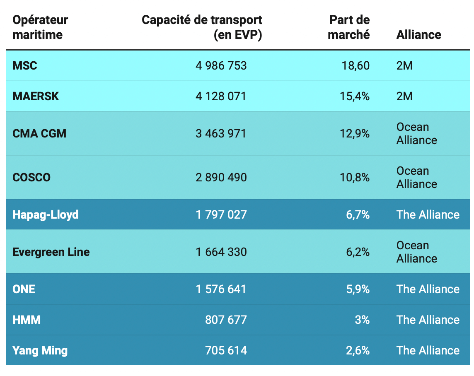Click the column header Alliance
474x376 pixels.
[418, 34]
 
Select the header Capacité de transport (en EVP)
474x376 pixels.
[202, 27]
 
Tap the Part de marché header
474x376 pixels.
[349, 27]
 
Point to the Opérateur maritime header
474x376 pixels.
[40, 27]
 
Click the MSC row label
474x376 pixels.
[25, 65]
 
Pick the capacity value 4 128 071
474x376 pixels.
[221, 96]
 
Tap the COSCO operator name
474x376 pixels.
[31, 178]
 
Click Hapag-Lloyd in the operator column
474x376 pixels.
[46, 215]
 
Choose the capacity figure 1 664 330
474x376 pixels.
[221, 252]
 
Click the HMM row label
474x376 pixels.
[27, 320]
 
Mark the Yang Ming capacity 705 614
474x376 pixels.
[226, 350]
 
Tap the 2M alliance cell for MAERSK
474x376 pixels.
[404, 96]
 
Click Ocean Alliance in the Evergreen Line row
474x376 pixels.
[416, 252]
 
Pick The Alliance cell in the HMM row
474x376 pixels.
[428, 320]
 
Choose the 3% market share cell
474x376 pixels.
[362, 320]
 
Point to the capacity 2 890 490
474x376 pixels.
[221, 178]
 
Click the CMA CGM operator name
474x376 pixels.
[39, 134]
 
